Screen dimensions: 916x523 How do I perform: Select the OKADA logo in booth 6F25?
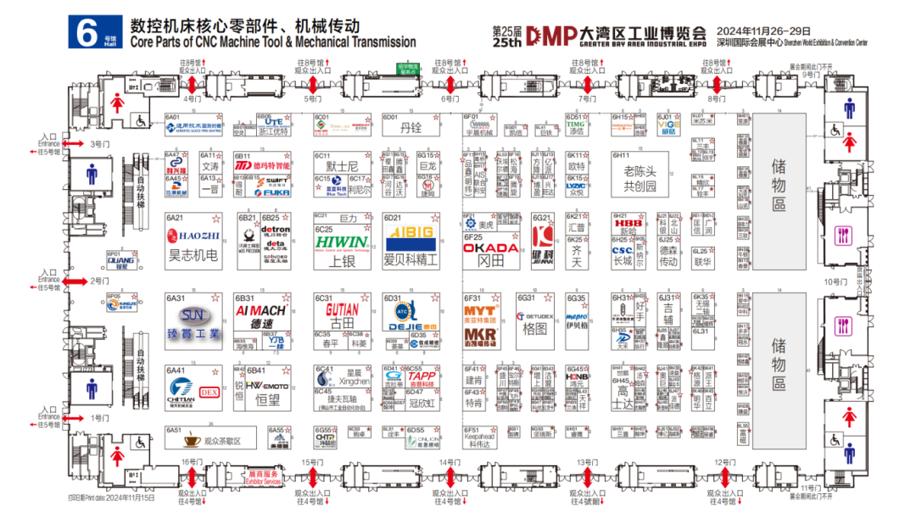click(x=491, y=248)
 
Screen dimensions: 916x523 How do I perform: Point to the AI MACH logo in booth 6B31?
click(x=259, y=311)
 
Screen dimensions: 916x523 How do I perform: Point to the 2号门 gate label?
click(x=100, y=281)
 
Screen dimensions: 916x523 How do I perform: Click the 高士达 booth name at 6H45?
click(x=623, y=399)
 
